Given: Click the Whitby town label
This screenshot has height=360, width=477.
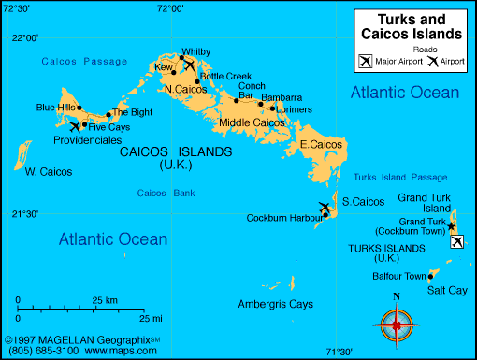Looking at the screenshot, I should click(196, 51).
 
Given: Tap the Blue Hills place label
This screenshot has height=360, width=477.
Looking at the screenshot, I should click(55, 108).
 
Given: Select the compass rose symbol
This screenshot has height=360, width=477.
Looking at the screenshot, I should click(397, 324).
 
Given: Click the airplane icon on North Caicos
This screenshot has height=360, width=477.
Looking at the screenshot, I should click(190, 65).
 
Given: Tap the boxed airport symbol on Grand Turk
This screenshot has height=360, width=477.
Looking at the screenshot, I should click(456, 242).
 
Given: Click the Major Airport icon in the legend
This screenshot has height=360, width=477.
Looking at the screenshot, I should click(365, 62).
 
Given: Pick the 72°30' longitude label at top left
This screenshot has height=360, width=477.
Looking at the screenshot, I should click(15, 8).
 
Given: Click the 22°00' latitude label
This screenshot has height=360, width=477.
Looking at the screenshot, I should click(25, 38).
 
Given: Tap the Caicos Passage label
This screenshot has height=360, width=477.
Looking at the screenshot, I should click(84, 61).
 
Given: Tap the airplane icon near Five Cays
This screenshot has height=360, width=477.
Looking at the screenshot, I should click(75, 126).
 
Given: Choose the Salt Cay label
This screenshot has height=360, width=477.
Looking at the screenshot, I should click(446, 291).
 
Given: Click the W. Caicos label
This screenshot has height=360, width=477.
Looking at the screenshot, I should click(48, 171).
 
